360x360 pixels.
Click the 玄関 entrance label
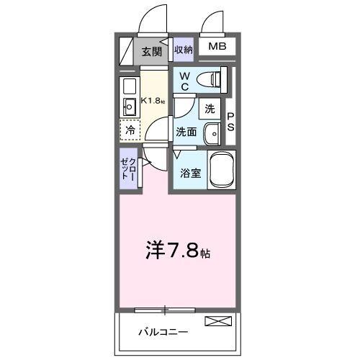pyautogui.click(x=150, y=51)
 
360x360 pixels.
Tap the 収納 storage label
pyautogui.click(x=183, y=50)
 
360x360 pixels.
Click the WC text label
pyautogui.click(x=184, y=81)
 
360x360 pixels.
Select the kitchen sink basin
pyautogui.click(x=130, y=108)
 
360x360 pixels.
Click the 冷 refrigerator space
pyautogui.click(x=130, y=130)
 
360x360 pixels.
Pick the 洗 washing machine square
pyautogui.click(x=209, y=109)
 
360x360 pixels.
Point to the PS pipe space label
pyautogui.click(x=231, y=121)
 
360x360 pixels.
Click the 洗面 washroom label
pyautogui.click(x=186, y=132)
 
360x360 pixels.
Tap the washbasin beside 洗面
pyautogui.click(x=212, y=134)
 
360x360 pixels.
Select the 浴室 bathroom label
pyautogui.click(x=189, y=174)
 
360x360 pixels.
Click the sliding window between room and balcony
pyautogui.click(x=165, y=310)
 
